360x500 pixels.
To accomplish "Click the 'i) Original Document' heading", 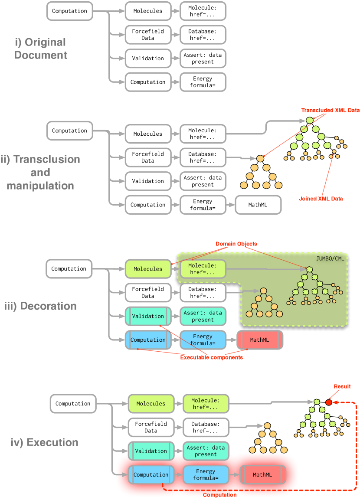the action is (40, 49).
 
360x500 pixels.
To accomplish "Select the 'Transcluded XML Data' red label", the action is (331, 110).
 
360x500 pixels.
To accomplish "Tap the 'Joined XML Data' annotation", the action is (321, 199).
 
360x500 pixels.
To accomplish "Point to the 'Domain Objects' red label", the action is (236, 244).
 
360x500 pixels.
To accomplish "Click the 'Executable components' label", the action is (211, 357).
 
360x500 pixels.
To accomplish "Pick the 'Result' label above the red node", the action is (342, 386).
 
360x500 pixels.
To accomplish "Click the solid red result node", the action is (329, 402).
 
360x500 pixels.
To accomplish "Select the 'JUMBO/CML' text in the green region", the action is (330, 258).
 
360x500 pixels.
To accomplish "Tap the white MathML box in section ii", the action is (258, 205).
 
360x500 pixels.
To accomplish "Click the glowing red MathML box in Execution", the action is (262, 475).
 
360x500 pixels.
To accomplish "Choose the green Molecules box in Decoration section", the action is (148, 269).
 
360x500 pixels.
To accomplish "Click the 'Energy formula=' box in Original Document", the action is (203, 82).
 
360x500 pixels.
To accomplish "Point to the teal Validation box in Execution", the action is (151, 451).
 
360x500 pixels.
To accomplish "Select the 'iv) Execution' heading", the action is (44, 443).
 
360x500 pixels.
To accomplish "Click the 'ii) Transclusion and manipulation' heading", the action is (40, 173).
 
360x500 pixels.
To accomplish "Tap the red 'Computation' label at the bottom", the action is (220, 495).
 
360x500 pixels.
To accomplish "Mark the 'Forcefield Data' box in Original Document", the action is (148, 35).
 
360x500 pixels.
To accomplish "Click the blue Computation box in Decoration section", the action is (148, 340).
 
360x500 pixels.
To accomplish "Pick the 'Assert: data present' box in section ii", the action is (203, 181).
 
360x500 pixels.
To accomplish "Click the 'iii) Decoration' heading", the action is (40, 306).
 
